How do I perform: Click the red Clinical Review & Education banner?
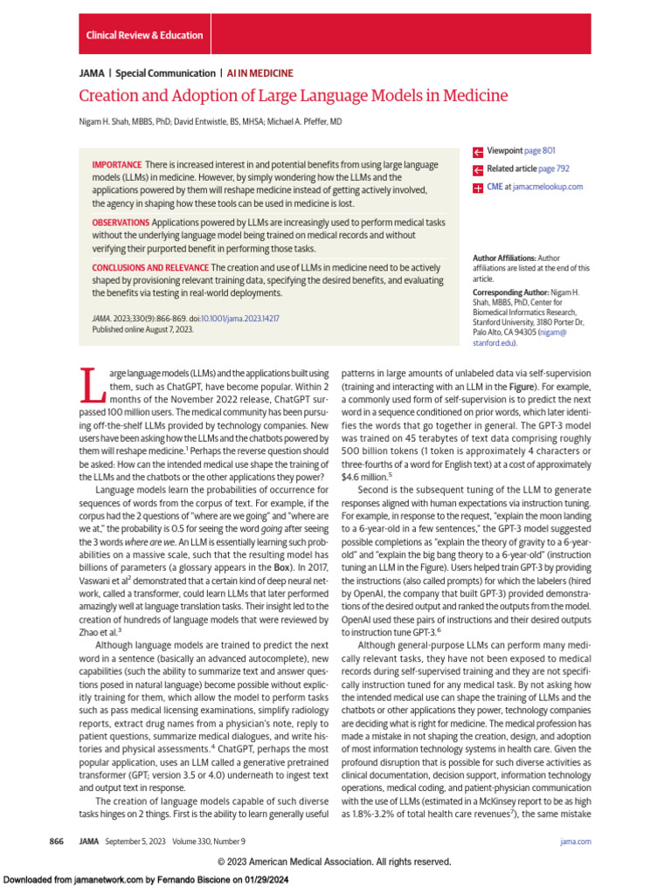144,35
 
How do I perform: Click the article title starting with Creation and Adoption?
293,96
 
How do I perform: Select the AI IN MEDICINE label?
260,73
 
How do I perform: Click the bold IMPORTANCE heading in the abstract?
117,165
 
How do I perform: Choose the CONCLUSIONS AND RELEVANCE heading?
150,267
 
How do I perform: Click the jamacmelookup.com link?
548,187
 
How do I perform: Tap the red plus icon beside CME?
478,188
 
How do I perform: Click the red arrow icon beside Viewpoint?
478,152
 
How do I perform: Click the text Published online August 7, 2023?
143,330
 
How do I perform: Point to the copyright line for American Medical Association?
335,862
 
